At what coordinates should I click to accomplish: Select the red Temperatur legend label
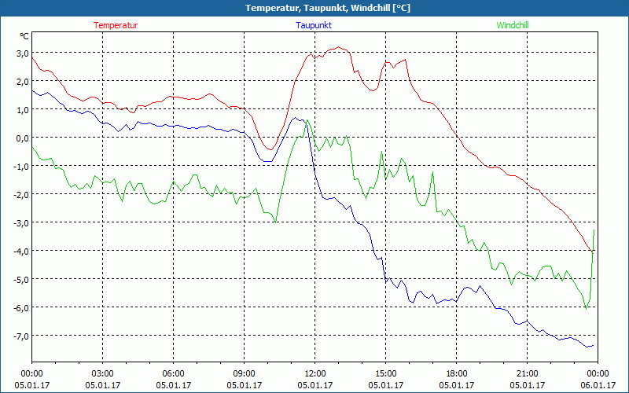[x=116, y=25]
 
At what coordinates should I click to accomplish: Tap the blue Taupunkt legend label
[x=314, y=25]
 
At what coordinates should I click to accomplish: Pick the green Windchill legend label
[x=513, y=25]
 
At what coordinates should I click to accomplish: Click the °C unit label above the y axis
[x=24, y=36]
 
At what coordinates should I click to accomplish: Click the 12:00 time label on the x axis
[x=315, y=373]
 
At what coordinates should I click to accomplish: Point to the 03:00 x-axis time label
[x=103, y=373]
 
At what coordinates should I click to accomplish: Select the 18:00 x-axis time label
[x=457, y=373]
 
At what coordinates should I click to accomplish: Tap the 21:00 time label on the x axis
[x=528, y=373]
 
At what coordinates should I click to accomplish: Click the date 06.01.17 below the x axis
[x=598, y=385]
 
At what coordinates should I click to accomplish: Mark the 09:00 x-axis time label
[x=245, y=373]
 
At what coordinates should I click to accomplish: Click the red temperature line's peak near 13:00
[x=338, y=47]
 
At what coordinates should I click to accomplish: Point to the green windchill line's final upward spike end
[x=594, y=229]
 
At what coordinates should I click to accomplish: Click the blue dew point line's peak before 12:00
[x=296, y=118]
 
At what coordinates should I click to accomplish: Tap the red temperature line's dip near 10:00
[x=269, y=149]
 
